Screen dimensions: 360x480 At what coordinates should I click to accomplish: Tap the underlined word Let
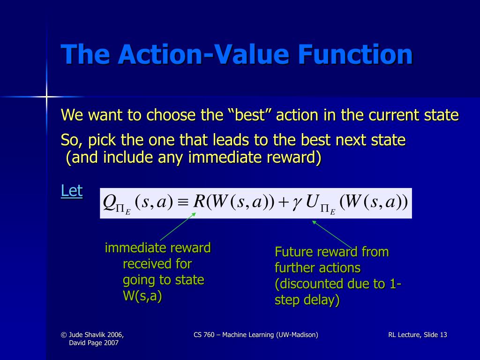pyautogui.click(x=72, y=191)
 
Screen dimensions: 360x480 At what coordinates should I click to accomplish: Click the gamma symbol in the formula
pyautogui.click(x=296, y=202)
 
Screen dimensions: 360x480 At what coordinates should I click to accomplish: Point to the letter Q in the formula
pyautogui.click(x=110, y=202)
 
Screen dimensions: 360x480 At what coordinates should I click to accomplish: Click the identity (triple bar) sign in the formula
pyautogui.click(x=183, y=202)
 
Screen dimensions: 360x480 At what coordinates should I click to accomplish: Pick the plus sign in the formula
pyautogui.click(x=283, y=202)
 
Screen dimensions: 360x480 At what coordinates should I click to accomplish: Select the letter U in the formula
pyautogui.click(x=311, y=202)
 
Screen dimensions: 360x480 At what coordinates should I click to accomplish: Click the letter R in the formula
pyautogui.click(x=199, y=202)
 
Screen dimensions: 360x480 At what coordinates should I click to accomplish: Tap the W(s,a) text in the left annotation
pyautogui.click(x=142, y=297)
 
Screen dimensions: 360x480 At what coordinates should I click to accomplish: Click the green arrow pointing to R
pyautogui.click(x=178, y=227)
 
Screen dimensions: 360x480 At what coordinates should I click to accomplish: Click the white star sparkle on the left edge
pyautogui.click(x=46, y=97)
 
